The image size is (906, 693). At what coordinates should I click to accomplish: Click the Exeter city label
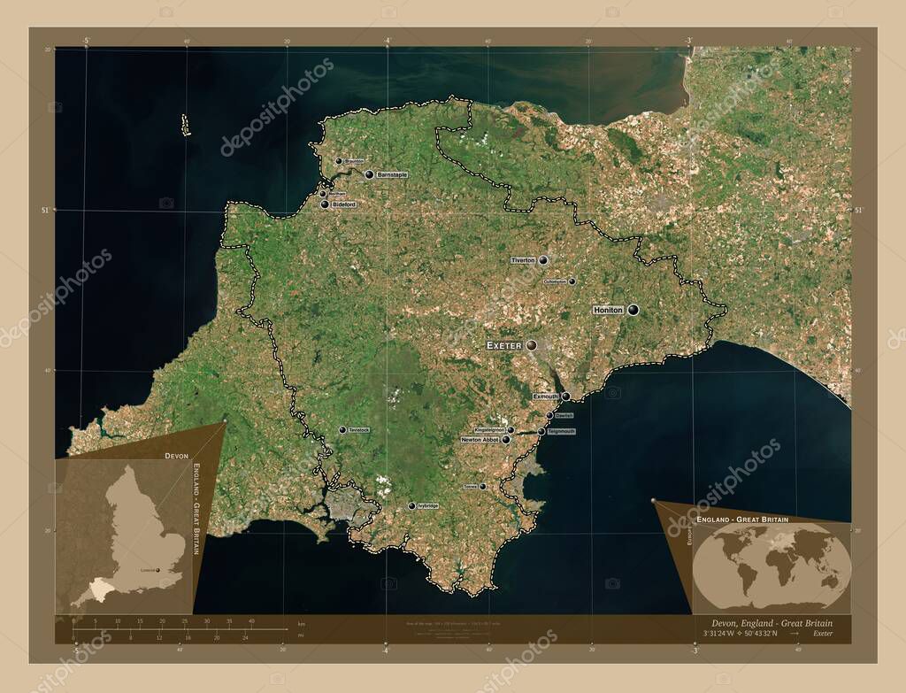point(504,345)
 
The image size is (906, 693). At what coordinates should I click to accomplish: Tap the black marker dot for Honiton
point(633,310)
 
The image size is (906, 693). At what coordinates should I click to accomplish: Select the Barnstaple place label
point(392,175)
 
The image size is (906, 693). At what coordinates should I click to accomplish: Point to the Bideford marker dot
point(325,204)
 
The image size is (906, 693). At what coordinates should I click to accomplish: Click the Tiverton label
point(523,260)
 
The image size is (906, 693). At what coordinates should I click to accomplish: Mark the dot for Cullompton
point(572,281)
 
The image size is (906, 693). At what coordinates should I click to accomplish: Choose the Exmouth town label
point(546,397)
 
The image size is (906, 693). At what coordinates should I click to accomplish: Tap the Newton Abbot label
point(480,439)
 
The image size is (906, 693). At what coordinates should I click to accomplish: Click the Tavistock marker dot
point(342,430)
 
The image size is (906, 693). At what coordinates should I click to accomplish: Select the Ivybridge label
point(427,505)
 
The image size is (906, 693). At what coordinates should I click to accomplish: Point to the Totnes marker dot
point(482,486)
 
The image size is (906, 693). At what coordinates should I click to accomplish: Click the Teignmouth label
point(561,432)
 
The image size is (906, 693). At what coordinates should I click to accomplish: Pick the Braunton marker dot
point(338,161)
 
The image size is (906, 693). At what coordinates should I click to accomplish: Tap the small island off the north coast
point(186,125)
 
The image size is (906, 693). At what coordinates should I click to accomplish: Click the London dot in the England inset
point(159,571)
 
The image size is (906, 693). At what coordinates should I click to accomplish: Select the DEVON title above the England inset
point(176,454)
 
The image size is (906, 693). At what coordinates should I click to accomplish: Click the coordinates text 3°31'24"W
point(719,634)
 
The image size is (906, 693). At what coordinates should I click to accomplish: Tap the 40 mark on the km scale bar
point(251,621)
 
